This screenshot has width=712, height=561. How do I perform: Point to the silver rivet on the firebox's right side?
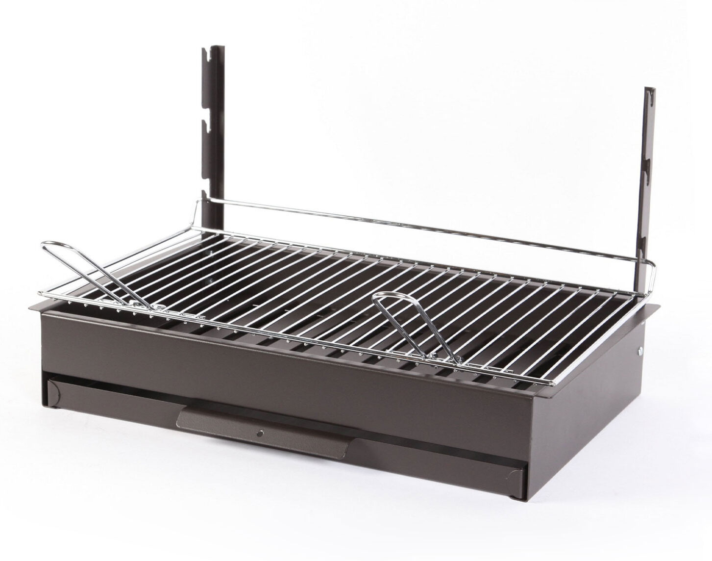640,351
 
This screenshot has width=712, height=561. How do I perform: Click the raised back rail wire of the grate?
421,226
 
